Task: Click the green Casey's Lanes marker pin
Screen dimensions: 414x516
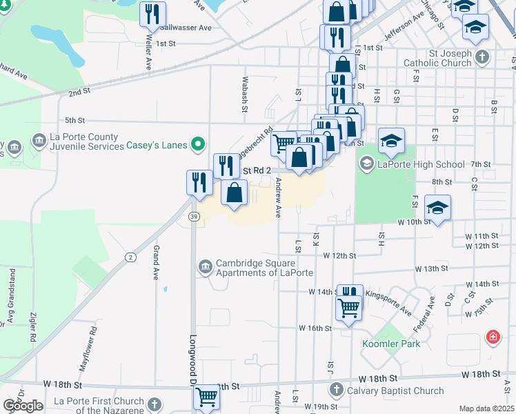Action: click(x=199, y=145)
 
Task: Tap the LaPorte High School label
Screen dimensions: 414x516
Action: click(x=420, y=164)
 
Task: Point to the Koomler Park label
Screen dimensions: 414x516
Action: click(x=390, y=344)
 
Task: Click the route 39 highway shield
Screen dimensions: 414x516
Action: click(x=193, y=217)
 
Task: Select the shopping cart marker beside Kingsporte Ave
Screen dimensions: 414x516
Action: click(x=349, y=307)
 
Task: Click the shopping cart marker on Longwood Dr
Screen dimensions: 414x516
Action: click(x=206, y=397)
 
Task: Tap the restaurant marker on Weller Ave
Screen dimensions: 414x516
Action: click(x=152, y=14)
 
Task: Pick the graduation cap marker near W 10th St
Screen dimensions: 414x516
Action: click(x=437, y=208)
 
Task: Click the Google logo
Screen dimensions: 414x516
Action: click(x=23, y=406)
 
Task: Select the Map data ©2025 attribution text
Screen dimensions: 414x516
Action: click(x=486, y=408)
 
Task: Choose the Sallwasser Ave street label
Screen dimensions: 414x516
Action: click(x=185, y=28)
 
